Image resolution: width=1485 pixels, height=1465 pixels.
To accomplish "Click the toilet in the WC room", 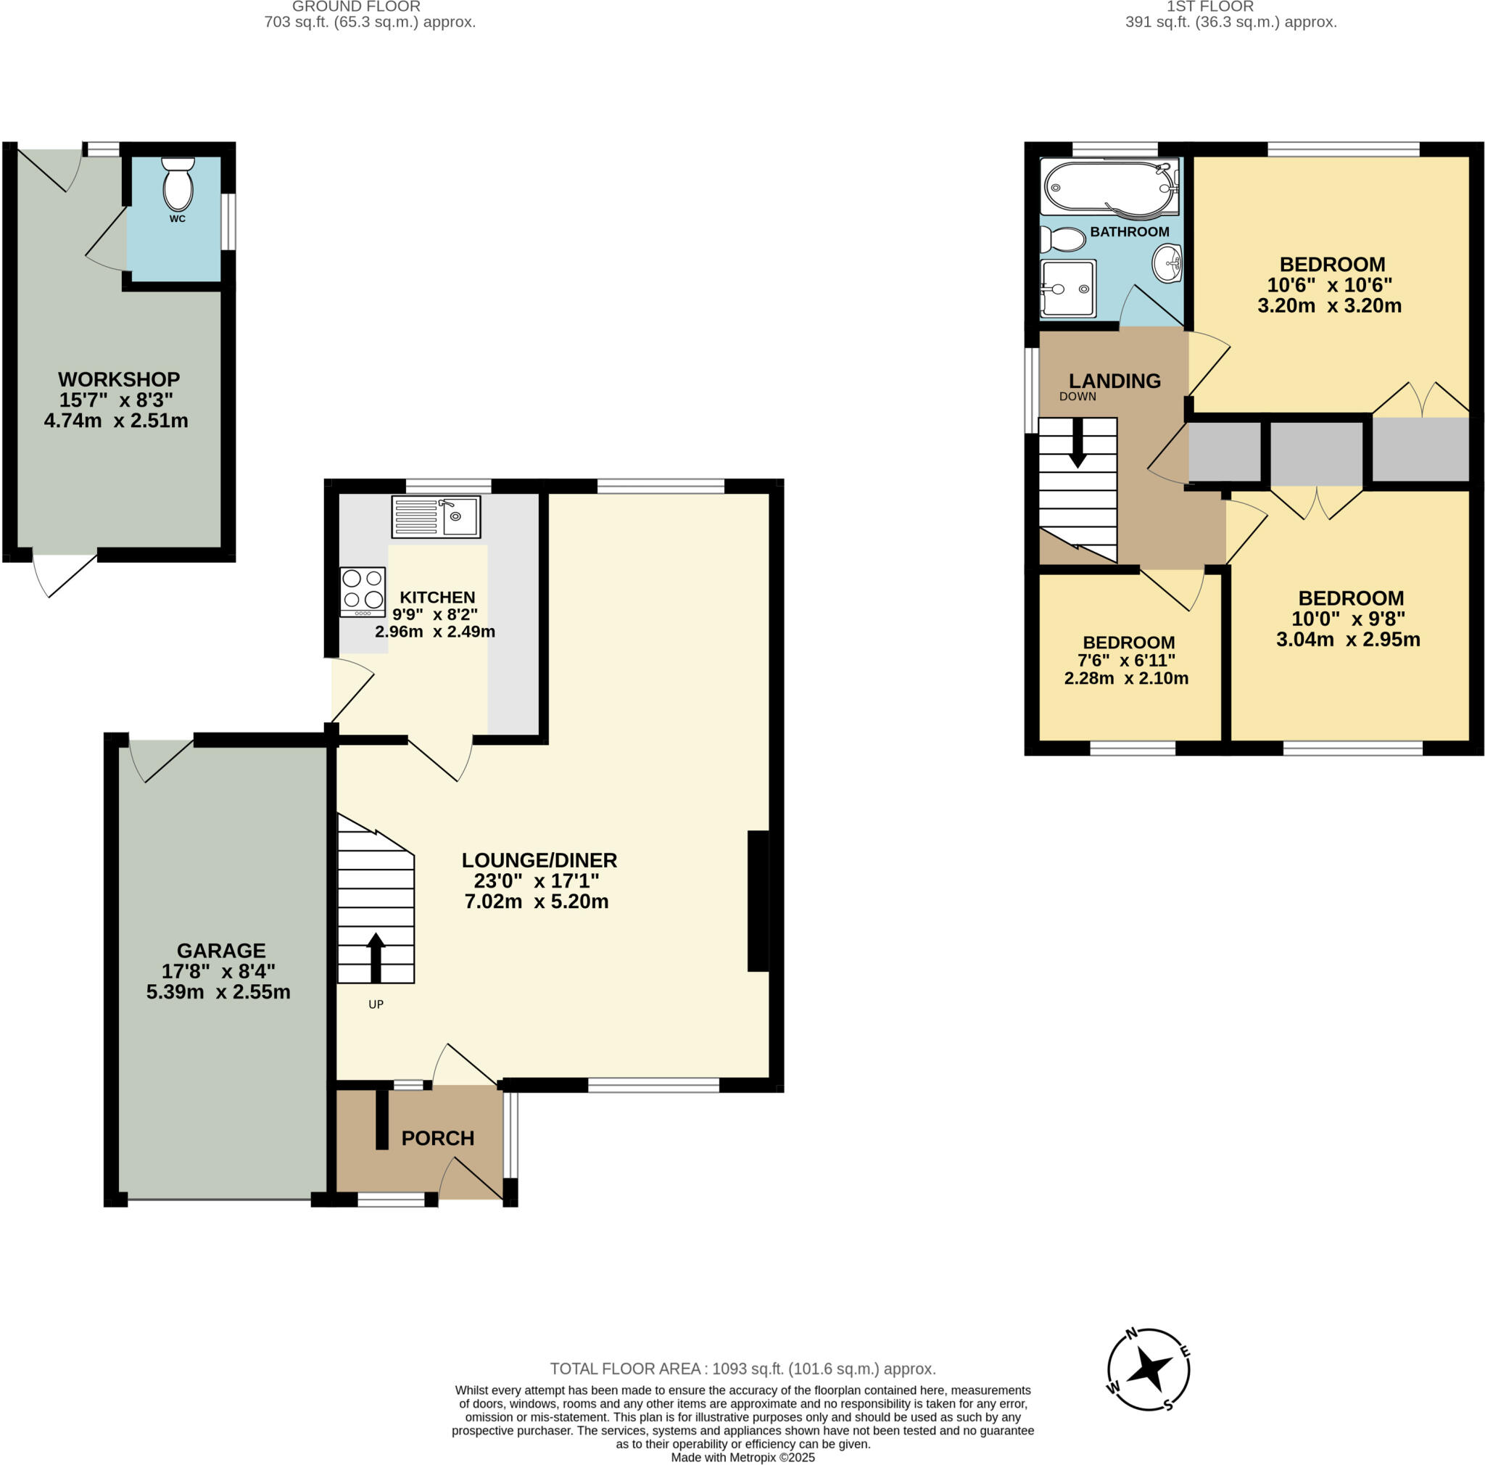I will tap(178, 184).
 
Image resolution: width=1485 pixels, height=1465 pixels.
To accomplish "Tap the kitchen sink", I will tap(436, 516).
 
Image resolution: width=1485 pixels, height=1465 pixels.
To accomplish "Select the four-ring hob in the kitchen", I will tap(363, 590).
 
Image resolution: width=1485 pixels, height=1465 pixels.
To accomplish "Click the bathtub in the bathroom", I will tap(1109, 187).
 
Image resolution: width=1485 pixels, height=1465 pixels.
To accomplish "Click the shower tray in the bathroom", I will tap(1067, 288).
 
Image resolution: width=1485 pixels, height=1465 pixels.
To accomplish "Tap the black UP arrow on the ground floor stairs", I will tap(376, 957).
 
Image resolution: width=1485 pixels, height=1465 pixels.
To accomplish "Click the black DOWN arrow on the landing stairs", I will tap(1077, 444).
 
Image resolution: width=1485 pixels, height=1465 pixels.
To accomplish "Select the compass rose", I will tap(1149, 1370).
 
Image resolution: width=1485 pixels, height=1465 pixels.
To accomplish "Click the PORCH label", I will tap(437, 1139).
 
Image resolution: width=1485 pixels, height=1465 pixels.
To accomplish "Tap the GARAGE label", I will tap(221, 950).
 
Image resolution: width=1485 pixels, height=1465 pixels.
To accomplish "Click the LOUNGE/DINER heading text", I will tap(539, 860).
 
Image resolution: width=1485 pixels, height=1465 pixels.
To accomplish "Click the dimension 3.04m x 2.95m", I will tap(1347, 640).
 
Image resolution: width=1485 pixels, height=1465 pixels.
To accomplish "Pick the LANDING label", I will tap(1114, 381).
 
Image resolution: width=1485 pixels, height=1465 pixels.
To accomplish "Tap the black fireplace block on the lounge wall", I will tap(758, 901).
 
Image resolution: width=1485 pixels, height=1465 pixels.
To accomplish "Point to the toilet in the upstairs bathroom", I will tap(1062, 239).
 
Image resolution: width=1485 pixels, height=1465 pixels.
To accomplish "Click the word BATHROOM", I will tap(1129, 231).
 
